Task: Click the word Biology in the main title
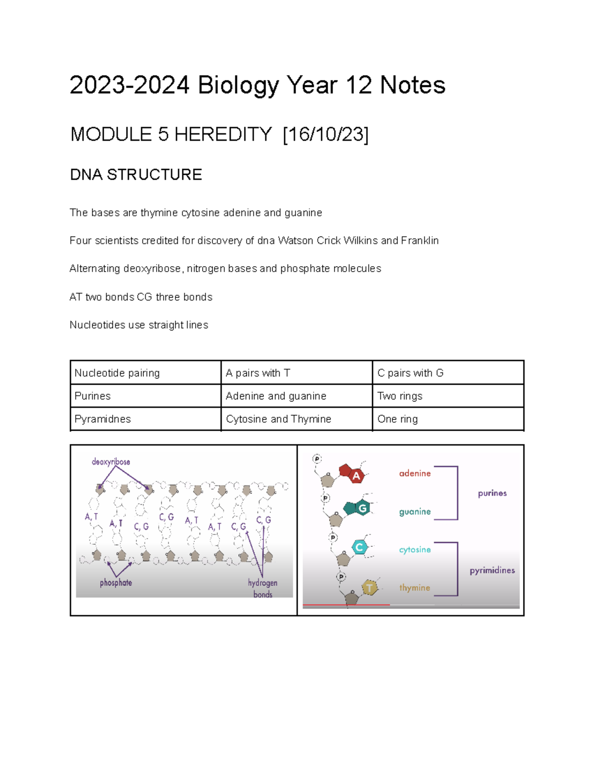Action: (238, 85)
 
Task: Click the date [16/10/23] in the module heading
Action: (326, 134)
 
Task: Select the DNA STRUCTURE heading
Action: (136, 175)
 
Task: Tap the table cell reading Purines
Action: (92, 396)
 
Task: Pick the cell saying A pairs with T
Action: (258, 373)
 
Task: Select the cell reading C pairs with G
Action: (410, 373)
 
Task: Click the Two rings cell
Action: (400, 396)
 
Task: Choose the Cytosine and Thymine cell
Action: (278, 419)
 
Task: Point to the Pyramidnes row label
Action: (102, 419)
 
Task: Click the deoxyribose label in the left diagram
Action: (111, 462)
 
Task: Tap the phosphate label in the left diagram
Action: (116, 583)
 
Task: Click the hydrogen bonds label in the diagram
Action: (262, 588)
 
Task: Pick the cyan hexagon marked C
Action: (359, 547)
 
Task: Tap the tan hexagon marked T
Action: (369, 588)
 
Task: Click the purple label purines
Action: (492, 493)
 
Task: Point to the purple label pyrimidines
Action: (492, 570)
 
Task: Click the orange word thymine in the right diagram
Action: (415, 588)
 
